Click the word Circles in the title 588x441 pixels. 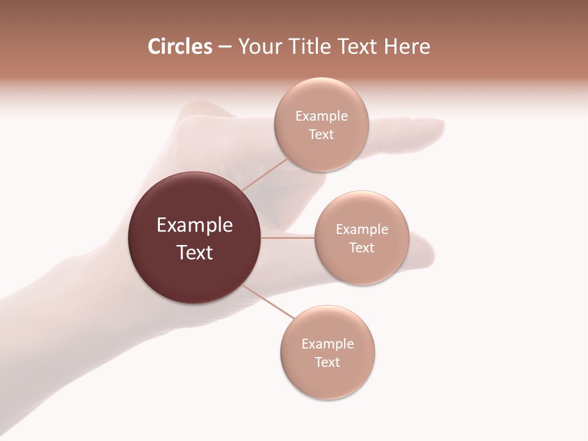click(x=179, y=47)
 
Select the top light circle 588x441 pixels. click(x=322, y=153)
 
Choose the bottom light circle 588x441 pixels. click(x=328, y=380)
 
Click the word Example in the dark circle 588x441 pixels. click(x=195, y=225)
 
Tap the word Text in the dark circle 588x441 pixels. click(x=195, y=252)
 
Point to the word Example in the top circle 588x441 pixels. click(x=322, y=116)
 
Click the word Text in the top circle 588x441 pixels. click(x=322, y=135)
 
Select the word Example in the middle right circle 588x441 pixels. click(x=362, y=230)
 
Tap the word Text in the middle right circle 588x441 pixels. click(x=362, y=248)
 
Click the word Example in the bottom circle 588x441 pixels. click(x=328, y=344)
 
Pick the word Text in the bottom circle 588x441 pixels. click(x=328, y=363)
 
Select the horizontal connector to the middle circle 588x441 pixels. click(x=288, y=238)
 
